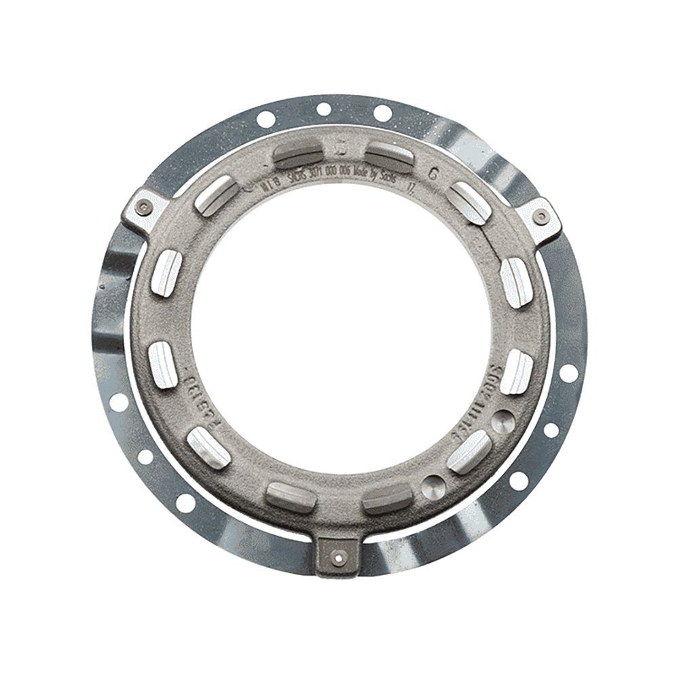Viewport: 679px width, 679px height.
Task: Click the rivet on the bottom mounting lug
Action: tap(337, 556)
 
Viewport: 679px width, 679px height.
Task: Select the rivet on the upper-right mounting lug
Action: tap(539, 217)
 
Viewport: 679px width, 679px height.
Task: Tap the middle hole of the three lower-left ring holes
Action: tap(145, 457)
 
